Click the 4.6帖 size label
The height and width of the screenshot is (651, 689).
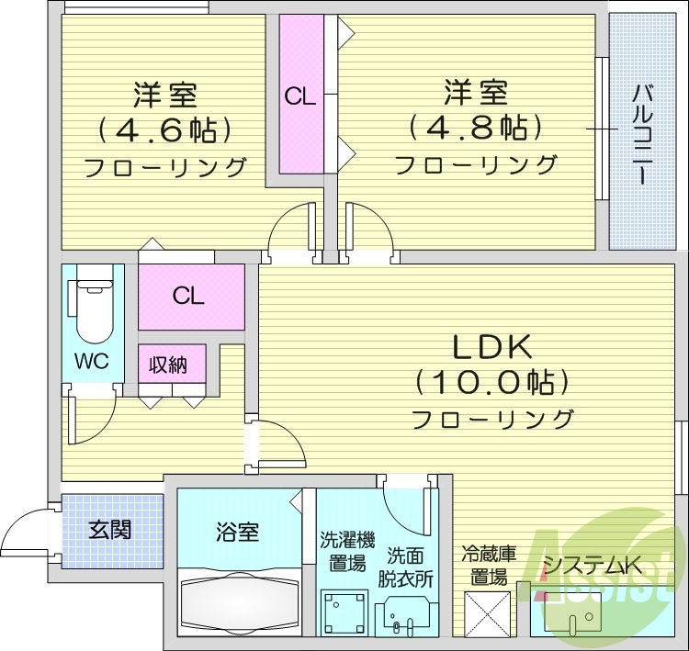[x=165, y=130]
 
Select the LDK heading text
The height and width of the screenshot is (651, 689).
[x=491, y=346]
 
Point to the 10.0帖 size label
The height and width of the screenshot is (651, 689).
[x=491, y=381]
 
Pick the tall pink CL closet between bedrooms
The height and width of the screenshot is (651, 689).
[x=300, y=95]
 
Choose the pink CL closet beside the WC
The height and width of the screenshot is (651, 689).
[x=190, y=297]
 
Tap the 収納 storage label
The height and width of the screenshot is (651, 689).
[x=171, y=365]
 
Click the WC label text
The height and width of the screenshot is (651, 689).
[x=92, y=361]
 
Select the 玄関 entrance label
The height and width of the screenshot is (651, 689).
[x=109, y=530]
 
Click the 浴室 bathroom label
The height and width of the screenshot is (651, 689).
[x=237, y=531]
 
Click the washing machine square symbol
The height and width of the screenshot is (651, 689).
[x=344, y=611]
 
